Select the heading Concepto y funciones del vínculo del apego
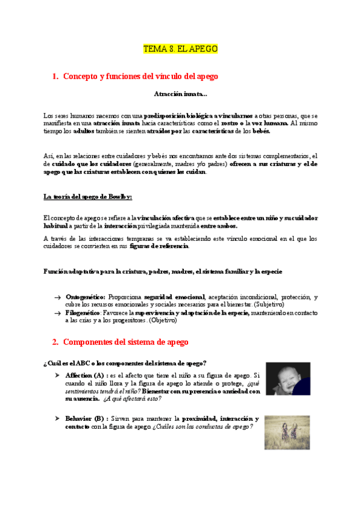[140, 77]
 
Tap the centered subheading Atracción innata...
[180, 94]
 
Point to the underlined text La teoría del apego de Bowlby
[84, 196]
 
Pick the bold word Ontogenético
[86, 297]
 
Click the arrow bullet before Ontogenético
[57, 298]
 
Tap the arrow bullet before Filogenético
[57, 313]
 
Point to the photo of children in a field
[287, 432]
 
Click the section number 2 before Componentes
[55, 342]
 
